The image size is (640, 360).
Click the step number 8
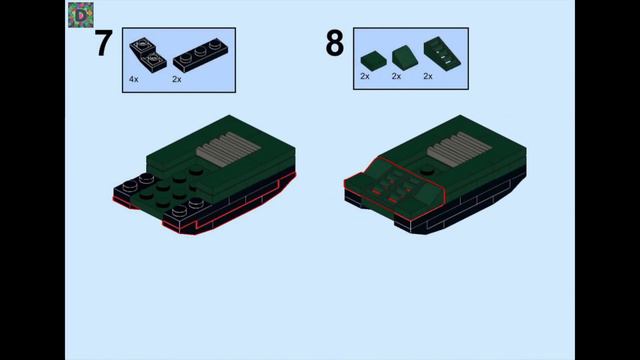pyautogui.click(x=334, y=44)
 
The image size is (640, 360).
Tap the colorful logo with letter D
pyautogui.click(x=79, y=14)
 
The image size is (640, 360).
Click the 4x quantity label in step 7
pyautogui.click(x=133, y=78)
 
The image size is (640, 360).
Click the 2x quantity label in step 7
pyautogui.click(x=177, y=78)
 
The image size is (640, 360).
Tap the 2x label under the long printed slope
pyautogui.click(x=428, y=76)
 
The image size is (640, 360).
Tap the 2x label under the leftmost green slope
pyautogui.click(x=365, y=76)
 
